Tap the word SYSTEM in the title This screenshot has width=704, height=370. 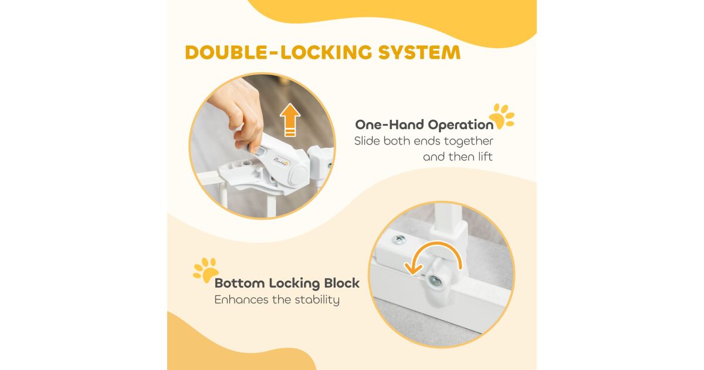pos(419,52)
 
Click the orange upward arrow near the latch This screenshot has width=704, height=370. pos(290,120)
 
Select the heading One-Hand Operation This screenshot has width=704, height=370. pos(424,125)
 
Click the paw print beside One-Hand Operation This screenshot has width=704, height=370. pos(502,116)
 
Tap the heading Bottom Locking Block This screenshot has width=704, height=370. pos(287,283)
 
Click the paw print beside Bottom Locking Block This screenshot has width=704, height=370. pos(206,270)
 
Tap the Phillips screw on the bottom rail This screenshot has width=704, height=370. pos(399,240)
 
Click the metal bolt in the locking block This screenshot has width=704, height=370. pos(434,280)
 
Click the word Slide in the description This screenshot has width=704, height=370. pos(367,141)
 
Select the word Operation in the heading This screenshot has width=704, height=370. pos(461,125)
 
